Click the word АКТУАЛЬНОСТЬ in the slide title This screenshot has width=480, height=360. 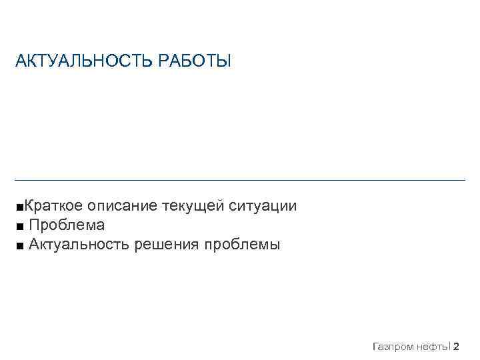click(x=85, y=62)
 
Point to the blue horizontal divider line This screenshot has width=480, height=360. click(x=240, y=180)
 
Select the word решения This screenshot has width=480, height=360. click(x=167, y=246)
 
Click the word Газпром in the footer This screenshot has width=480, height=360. click(x=394, y=346)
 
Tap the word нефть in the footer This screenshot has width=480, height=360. click(x=433, y=346)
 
